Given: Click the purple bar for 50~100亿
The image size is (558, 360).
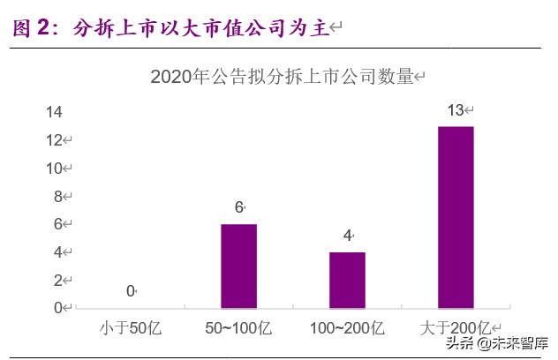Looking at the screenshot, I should click(238, 266).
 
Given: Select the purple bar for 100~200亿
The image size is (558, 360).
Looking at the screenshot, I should click(347, 280).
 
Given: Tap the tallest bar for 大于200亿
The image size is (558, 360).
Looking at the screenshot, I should click(456, 217).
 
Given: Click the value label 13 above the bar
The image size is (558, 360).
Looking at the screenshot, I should click(456, 111).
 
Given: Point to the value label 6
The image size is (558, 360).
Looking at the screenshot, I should click(238, 208).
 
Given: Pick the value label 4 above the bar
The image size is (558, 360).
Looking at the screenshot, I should click(347, 236).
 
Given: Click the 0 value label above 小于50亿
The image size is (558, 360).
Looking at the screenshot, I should click(130, 291).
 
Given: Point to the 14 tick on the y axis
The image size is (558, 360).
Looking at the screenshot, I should click(54, 112).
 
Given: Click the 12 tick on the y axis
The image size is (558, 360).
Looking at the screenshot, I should click(54, 140).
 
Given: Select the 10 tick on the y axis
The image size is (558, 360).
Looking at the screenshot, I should click(54, 168).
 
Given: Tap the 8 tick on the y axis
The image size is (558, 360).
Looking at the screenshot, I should click(57, 196).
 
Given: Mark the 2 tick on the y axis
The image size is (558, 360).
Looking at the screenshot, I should click(57, 280).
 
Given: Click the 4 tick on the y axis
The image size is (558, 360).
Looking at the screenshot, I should click(57, 251).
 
